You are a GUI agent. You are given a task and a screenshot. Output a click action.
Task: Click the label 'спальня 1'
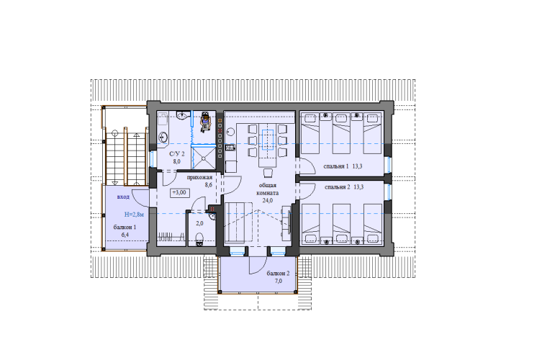coord(336,166)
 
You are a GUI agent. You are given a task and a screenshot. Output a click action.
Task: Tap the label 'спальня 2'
coord(338,187)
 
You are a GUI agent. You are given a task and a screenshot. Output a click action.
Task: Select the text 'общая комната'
coord(268,189)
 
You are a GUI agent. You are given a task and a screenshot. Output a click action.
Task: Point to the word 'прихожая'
coord(199,178)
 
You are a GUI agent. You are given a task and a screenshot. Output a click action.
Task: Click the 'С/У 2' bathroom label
coord(176,154)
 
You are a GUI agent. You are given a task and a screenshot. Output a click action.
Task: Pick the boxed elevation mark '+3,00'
coord(180,193)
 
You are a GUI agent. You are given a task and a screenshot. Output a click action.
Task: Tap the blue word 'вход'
coord(123,197)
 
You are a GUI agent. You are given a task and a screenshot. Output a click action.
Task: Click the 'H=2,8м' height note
coord(134,215)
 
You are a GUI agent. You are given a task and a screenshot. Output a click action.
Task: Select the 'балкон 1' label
coord(125,228)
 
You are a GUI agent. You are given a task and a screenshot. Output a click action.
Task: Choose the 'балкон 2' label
coord(279,273)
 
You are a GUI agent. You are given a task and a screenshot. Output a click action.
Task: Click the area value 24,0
coord(268,200)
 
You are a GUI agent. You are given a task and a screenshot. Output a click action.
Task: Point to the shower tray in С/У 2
coord(204,158)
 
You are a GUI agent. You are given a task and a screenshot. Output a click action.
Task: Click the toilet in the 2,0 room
coord(199,239)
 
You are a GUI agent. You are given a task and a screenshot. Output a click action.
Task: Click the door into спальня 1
coord(307,166)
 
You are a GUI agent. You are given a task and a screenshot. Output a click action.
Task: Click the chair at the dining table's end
coord(268,173)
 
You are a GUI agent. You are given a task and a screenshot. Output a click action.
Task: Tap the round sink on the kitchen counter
coord(230,132)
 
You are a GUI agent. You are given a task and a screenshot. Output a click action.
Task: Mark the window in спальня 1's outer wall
coord(389,165)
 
